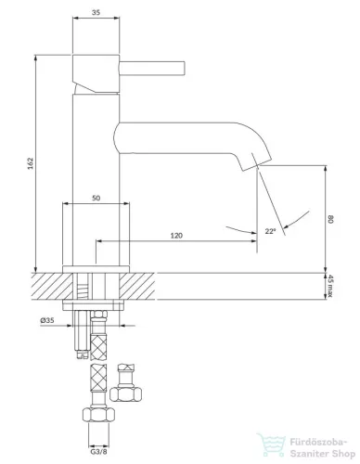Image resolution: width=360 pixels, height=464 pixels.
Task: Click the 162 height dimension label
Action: click(x=30, y=163)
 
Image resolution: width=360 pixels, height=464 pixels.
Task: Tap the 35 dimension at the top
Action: click(x=96, y=12)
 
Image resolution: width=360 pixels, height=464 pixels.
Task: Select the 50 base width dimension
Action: click(x=96, y=198)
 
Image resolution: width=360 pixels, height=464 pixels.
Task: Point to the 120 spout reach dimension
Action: click(x=176, y=236)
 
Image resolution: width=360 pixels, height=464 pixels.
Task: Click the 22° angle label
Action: click(x=270, y=231)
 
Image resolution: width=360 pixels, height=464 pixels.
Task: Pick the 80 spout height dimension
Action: click(x=330, y=220)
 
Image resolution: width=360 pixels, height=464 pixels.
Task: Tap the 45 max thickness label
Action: click(x=330, y=287)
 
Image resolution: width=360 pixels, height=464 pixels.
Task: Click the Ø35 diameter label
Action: click(x=47, y=320)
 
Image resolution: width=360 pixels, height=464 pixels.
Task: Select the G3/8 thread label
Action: click(x=98, y=452)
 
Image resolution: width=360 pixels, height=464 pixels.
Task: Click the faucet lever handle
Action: click(x=152, y=68)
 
